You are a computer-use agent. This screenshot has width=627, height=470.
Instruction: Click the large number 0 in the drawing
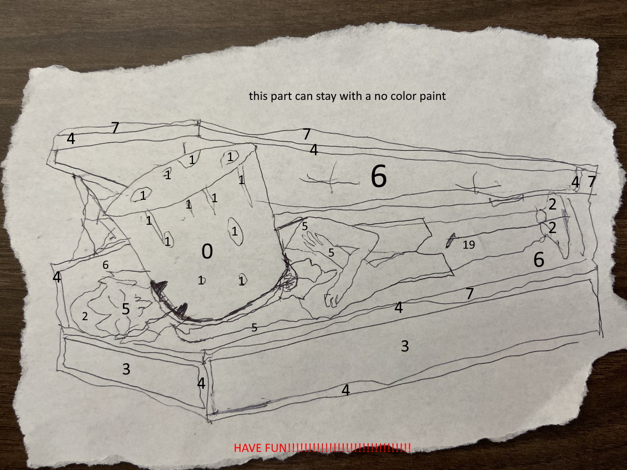[x=207, y=252]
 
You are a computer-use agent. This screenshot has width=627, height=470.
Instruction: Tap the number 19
[x=469, y=245]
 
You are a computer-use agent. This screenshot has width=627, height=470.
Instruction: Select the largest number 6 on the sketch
[x=379, y=176]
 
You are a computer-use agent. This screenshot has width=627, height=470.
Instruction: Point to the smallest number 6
[x=105, y=265]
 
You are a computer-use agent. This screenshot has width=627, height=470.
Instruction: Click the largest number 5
[x=126, y=309]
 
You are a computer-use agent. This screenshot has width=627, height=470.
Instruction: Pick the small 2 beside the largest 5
[x=85, y=316]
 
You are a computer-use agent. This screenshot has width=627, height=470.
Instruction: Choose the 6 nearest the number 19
[x=539, y=259]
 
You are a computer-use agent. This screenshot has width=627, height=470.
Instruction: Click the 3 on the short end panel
[x=126, y=369]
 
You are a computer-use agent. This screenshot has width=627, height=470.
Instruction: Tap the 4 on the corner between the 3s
[x=201, y=383]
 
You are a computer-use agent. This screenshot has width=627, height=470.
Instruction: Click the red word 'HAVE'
[x=248, y=448]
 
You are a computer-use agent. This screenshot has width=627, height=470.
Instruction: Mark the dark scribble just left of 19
[x=451, y=240]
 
